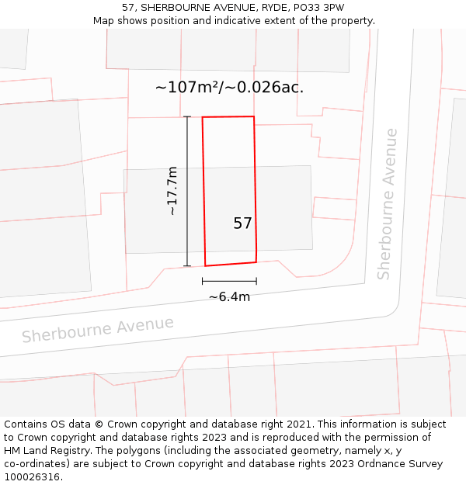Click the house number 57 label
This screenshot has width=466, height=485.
[x=242, y=223]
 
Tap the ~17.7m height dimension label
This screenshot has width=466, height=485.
[x=172, y=191]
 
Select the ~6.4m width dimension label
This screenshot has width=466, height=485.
[x=229, y=296]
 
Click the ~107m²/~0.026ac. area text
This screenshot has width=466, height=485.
[x=229, y=87]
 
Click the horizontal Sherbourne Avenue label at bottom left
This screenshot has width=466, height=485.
[x=98, y=329]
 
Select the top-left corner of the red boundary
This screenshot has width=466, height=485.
[x=203, y=117]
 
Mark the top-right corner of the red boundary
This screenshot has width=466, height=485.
[x=254, y=116]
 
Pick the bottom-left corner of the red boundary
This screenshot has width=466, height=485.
[x=205, y=266]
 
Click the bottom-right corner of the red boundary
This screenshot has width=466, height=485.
[x=256, y=262]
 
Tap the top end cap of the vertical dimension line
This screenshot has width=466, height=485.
[x=187, y=116]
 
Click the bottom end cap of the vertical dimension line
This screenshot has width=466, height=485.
[x=187, y=266]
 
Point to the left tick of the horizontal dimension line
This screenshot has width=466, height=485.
[x=203, y=281]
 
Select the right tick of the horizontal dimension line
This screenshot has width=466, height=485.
[x=256, y=281]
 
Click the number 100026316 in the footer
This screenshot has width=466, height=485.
[x=32, y=477]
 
